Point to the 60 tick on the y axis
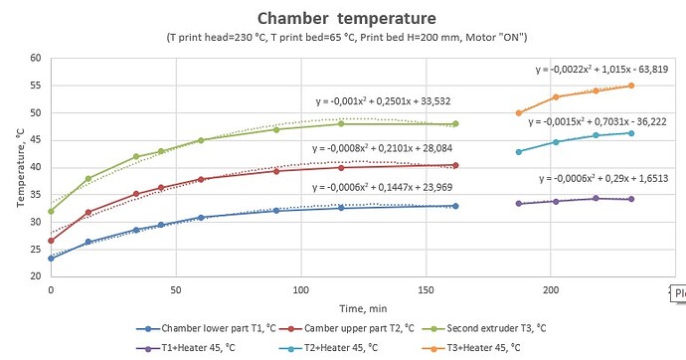[x=35, y=58]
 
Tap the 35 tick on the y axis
[x=35, y=194]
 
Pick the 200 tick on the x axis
[x=550, y=291]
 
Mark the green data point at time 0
[x=51, y=211]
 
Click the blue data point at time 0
[x=51, y=258]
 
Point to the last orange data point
[x=631, y=86]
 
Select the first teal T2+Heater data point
[x=519, y=151]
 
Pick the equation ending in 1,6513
[x=605, y=178]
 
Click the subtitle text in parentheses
[x=346, y=38]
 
